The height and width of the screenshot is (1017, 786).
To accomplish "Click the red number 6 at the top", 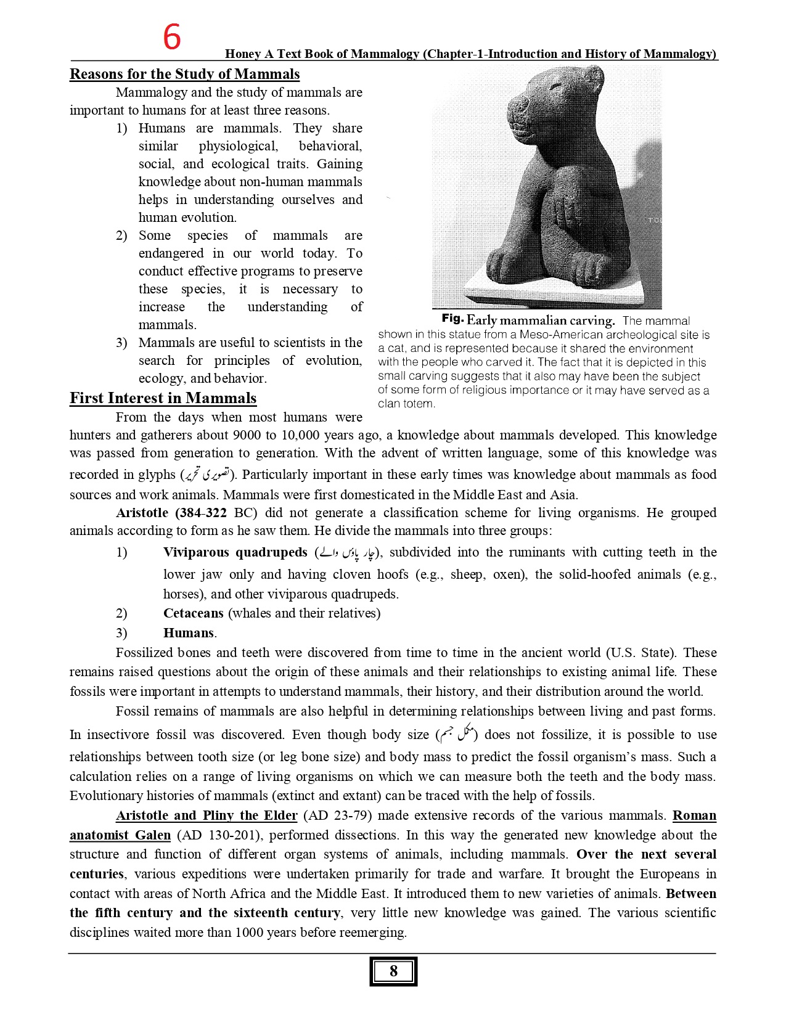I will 172,37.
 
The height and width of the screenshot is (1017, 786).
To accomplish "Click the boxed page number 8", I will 393,971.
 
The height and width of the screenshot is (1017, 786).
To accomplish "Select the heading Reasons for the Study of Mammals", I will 184,74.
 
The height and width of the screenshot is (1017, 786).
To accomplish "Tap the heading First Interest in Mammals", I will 163,398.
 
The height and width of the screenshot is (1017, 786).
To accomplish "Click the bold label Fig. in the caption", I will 452,319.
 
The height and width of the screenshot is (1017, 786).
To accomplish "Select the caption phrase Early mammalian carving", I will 541,321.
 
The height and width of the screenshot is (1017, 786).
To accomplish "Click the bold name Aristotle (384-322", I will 171,513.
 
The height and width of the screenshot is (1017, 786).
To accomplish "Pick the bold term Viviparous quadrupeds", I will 235,552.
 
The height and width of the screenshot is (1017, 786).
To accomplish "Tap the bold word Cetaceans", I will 193,613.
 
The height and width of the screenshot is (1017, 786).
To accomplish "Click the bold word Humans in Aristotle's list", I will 189,633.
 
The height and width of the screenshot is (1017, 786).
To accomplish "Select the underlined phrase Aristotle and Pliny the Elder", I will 207,815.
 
